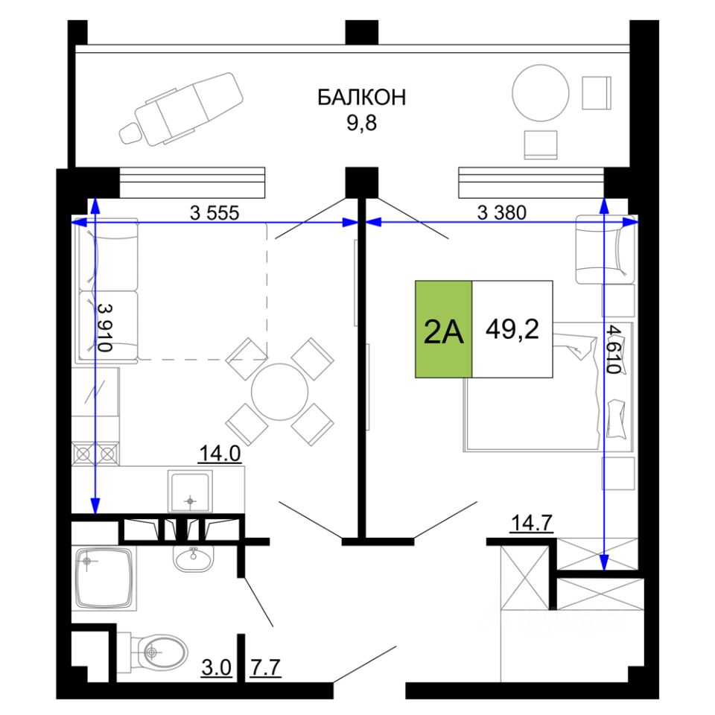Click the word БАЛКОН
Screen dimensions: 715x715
[x=362, y=97]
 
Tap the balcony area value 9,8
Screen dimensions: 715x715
[x=362, y=121]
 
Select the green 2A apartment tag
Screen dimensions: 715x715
[x=444, y=329]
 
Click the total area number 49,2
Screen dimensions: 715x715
[x=512, y=328]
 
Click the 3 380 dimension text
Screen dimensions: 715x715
[x=501, y=212]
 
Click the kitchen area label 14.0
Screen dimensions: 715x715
[x=220, y=453]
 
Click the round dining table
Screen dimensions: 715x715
[x=279, y=393]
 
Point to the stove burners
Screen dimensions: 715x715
[x=95, y=452]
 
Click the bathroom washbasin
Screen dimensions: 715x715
[x=194, y=556]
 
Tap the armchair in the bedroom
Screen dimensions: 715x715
[x=604, y=248]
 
